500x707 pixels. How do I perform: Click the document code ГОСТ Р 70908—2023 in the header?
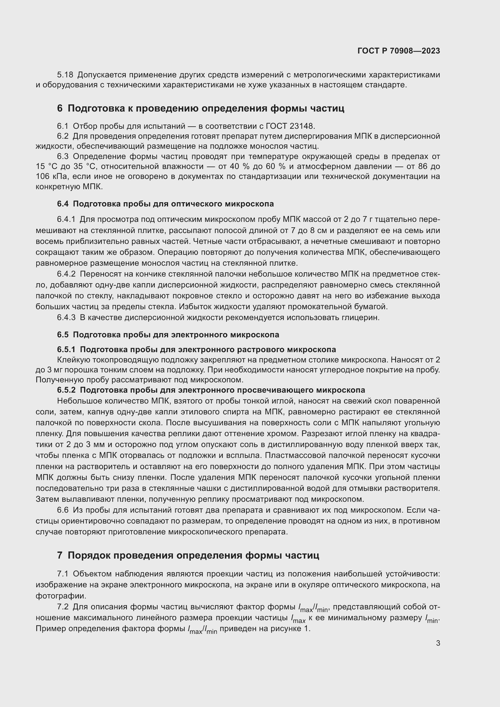(x=399, y=51)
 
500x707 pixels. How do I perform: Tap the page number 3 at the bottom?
(x=438, y=643)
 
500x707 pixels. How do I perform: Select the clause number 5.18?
(x=65, y=75)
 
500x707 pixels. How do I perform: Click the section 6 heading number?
(x=60, y=109)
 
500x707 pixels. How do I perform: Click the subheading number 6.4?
(x=63, y=204)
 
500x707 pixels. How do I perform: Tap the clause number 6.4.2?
(x=66, y=274)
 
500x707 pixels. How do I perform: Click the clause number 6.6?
(x=63, y=510)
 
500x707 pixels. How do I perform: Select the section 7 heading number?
(x=60, y=555)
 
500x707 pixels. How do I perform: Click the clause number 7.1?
(x=63, y=574)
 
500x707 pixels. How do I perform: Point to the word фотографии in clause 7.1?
(x=61, y=596)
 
